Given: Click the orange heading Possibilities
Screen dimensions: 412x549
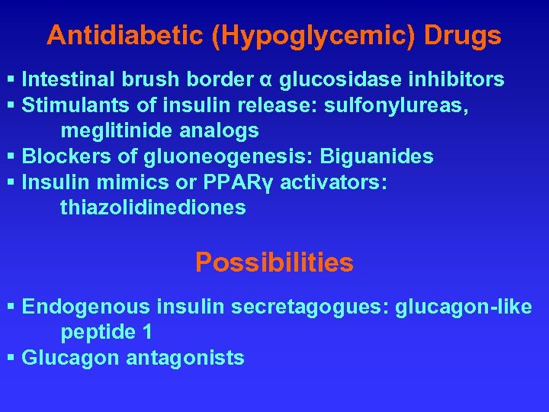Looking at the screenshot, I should (274, 262).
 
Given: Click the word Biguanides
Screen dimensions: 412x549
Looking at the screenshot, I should (377, 157).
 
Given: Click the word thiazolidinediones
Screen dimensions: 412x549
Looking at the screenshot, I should (153, 208).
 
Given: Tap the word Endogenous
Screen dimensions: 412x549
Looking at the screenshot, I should (87, 307).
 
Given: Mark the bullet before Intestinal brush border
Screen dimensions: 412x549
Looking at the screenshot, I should (11, 79).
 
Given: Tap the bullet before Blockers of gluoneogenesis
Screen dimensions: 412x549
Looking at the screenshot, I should (11, 157).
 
